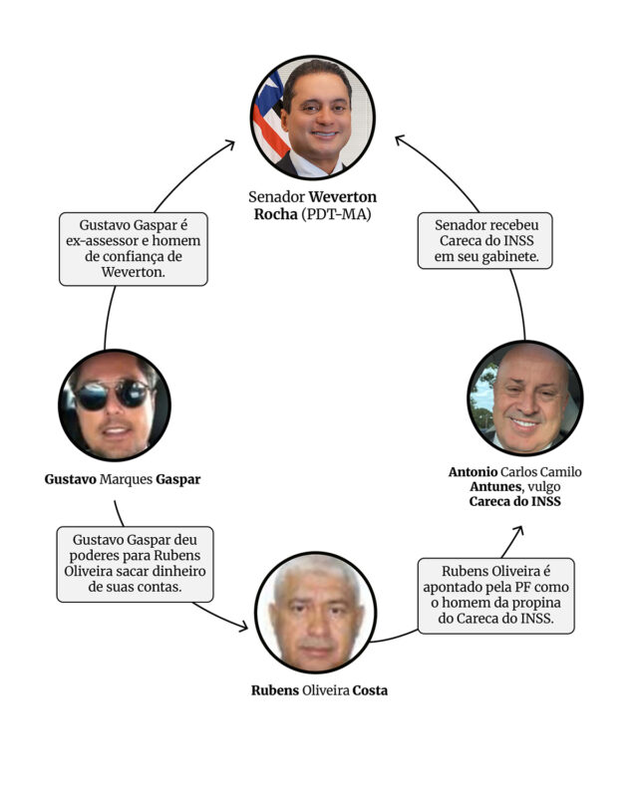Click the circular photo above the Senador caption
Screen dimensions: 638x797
(x=313, y=117)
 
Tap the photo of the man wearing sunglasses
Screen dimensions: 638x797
(x=115, y=405)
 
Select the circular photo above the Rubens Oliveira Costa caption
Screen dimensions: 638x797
(x=315, y=613)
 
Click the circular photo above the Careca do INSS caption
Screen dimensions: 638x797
(x=525, y=398)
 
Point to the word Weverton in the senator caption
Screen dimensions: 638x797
(x=343, y=196)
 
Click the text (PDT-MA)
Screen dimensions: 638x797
(x=336, y=214)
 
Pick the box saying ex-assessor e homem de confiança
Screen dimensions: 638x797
(x=134, y=249)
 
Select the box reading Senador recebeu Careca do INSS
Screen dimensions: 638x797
(x=484, y=240)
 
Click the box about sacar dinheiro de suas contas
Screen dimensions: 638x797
(x=135, y=564)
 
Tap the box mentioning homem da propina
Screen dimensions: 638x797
(x=496, y=596)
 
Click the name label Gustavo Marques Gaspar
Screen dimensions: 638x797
(x=123, y=479)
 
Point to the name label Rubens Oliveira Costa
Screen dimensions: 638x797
(x=320, y=690)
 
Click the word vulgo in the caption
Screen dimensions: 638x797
(x=544, y=487)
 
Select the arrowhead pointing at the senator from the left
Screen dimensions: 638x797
(x=230, y=144)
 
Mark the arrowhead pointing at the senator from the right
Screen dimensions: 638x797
(x=401, y=139)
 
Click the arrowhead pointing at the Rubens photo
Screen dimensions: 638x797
(x=243, y=627)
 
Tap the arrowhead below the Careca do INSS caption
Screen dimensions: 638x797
(x=518, y=531)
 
